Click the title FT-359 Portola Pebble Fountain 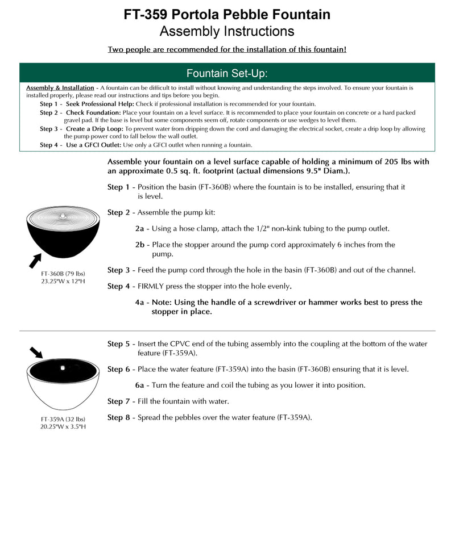(227, 14)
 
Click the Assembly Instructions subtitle (227, 31)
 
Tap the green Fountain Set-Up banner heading (227, 73)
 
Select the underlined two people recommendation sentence (227, 49)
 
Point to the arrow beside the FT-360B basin (36, 261)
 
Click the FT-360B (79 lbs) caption (63, 274)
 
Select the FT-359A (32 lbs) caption (63, 419)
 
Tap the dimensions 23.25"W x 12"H (63, 281)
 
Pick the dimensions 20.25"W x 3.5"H (63, 426)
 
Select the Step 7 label (118, 401)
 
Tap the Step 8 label (118, 417)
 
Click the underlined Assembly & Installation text (60, 88)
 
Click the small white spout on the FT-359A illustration (63, 367)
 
